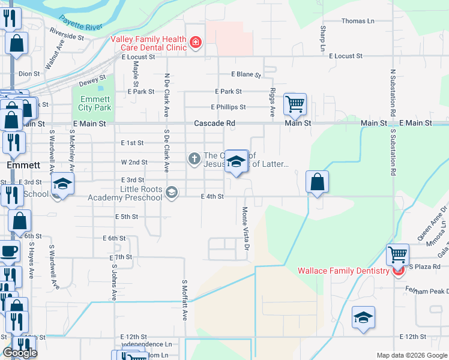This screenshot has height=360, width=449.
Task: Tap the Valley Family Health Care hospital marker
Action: (x=195, y=42)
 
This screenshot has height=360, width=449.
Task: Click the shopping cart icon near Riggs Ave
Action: (x=295, y=104)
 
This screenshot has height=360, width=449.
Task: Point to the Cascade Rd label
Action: (x=214, y=123)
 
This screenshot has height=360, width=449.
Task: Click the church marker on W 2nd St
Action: (x=194, y=159)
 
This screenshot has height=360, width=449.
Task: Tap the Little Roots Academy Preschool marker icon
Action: (x=172, y=192)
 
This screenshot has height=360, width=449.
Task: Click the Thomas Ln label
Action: (x=358, y=21)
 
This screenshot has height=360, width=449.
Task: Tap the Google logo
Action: (x=20, y=353)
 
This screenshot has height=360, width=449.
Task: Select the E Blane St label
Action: (x=246, y=75)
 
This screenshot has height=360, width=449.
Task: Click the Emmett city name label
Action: (x=23, y=164)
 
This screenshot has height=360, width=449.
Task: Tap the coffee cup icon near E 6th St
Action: (x=9, y=251)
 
